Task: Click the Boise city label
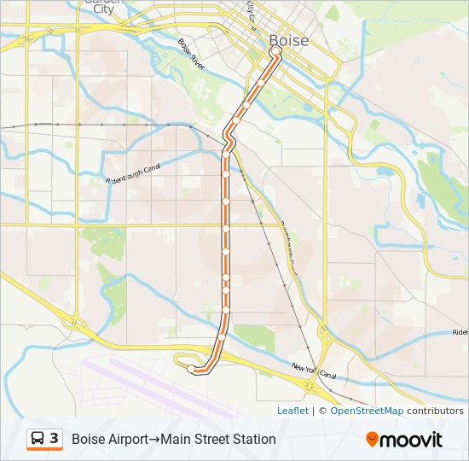coord(289,40)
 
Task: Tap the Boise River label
coord(192,54)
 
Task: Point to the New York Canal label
coord(314,372)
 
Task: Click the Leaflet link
coord(292,411)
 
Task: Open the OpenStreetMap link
coord(367,411)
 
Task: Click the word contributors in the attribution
coord(435,411)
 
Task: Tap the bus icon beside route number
coord(38,439)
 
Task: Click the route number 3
coord(55,439)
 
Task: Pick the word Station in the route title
coord(253,440)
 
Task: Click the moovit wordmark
coord(412,440)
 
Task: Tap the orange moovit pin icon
coord(372,439)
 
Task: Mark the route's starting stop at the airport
coord(191,369)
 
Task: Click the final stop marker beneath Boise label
coord(275,50)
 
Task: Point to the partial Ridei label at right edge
coord(460,332)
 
